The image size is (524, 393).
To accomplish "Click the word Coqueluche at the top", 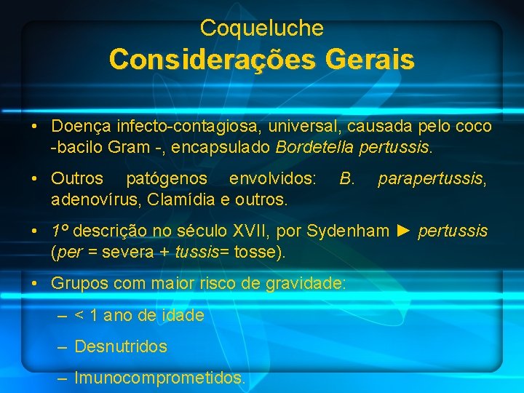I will [x=261, y=28].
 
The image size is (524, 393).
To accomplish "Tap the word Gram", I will [x=130, y=147].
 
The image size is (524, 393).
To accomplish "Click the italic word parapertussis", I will [x=433, y=178].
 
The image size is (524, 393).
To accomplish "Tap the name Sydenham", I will [x=348, y=231].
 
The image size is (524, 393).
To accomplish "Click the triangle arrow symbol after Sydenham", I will [x=405, y=231].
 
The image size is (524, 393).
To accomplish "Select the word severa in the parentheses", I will [x=125, y=252].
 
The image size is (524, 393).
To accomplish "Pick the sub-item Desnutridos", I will [x=121, y=346].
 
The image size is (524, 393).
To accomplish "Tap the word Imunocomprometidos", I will [x=160, y=378].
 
